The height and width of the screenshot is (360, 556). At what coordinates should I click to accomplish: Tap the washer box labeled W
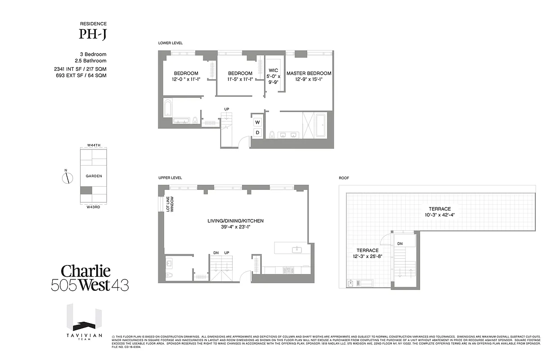click(x=258, y=122)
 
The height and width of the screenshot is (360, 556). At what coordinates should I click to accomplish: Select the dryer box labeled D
click(x=258, y=132)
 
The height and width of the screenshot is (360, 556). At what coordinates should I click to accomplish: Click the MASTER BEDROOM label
click(x=309, y=73)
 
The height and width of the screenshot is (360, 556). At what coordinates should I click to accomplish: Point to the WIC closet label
click(x=274, y=71)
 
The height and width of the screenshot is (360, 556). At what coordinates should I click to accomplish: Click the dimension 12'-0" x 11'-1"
click(x=186, y=79)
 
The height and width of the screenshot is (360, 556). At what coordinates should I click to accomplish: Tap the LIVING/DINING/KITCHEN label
click(x=235, y=221)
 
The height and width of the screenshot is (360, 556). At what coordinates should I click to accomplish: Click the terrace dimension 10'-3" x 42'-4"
click(x=439, y=215)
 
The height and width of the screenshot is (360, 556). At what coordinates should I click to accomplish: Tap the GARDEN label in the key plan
click(x=94, y=176)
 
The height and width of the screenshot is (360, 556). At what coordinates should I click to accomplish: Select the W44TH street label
click(x=94, y=145)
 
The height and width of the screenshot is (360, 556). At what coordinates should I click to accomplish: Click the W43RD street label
click(x=94, y=207)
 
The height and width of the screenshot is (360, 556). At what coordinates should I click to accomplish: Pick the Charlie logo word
click(x=85, y=271)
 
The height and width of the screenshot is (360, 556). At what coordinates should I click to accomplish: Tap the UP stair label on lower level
click(x=227, y=109)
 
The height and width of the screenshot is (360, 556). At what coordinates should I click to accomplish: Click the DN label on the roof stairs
click(x=400, y=244)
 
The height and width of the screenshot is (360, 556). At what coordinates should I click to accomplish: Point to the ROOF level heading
click(x=344, y=178)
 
